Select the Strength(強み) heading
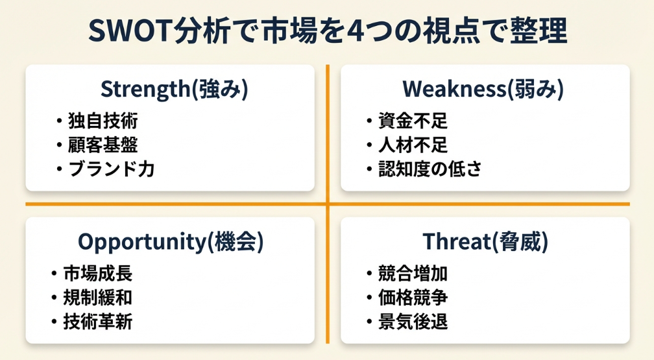click(175, 89)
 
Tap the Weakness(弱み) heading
click(483, 89)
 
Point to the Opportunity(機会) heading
click(171, 241)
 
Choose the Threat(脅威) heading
click(485, 241)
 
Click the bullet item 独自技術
click(103, 121)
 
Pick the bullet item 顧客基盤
click(103, 145)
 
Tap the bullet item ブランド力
click(112, 169)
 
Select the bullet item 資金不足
click(413, 121)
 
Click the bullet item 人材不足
click(413, 145)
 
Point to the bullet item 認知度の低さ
click(430, 169)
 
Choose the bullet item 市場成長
click(98, 274)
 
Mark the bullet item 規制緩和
click(98, 298)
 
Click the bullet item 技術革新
click(98, 322)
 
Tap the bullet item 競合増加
click(413, 274)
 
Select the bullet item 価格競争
click(413, 298)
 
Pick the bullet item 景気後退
click(413, 322)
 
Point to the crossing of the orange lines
click(328, 204)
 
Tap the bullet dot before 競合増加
click(369, 274)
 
